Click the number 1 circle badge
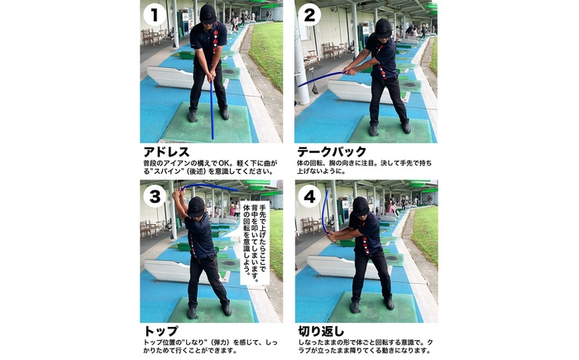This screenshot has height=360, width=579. pyautogui.click(x=155, y=16)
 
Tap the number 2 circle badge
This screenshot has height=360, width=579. pyautogui.click(x=309, y=16)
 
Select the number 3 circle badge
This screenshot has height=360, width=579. pyautogui.click(x=155, y=196)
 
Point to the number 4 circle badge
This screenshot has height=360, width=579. pyautogui.click(x=309, y=196)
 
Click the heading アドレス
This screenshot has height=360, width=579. pyautogui.click(x=166, y=151)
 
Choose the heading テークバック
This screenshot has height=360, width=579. pyautogui.click(x=332, y=151)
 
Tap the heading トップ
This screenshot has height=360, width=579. pyautogui.click(x=160, y=330)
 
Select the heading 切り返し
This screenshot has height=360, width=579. pyautogui.click(x=321, y=330)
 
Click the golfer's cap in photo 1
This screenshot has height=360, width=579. pyautogui.click(x=208, y=14)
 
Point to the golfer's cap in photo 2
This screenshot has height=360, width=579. pyautogui.click(x=383, y=27)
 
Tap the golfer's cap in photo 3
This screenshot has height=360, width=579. pyautogui.click(x=196, y=206)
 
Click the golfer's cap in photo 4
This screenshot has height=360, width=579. pyautogui.click(x=361, y=206)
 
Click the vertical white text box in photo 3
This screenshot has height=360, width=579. pyautogui.click(x=255, y=242)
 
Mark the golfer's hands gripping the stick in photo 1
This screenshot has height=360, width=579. pyautogui.click(x=212, y=77)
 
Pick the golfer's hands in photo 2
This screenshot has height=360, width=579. pyautogui.click(x=347, y=70)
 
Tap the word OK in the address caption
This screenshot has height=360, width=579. pyautogui.click(x=224, y=163)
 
